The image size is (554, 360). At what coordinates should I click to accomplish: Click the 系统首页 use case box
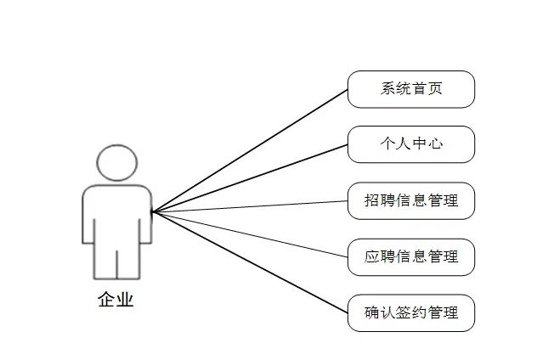(x=411, y=89)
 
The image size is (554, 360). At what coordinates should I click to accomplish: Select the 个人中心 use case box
(x=411, y=144)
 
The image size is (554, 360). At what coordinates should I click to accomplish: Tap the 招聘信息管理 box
(x=411, y=201)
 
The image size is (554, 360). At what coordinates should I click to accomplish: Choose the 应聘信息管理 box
(x=411, y=256)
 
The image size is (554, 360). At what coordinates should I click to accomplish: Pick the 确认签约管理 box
(x=411, y=312)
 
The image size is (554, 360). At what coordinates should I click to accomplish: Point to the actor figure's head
(x=117, y=162)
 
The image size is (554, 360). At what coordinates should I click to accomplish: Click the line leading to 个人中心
(x=255, y=176)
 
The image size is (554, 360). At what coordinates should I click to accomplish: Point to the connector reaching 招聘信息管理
(x=255, y=206)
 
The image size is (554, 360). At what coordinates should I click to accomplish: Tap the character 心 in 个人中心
(x=434, y=144)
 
